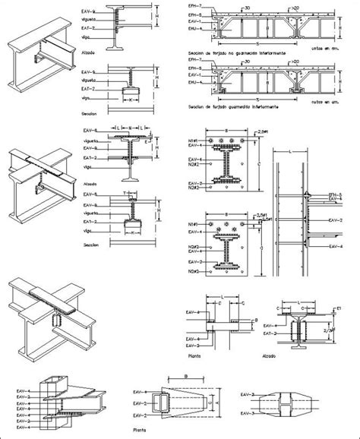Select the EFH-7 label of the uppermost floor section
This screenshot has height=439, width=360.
pos(194,5)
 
